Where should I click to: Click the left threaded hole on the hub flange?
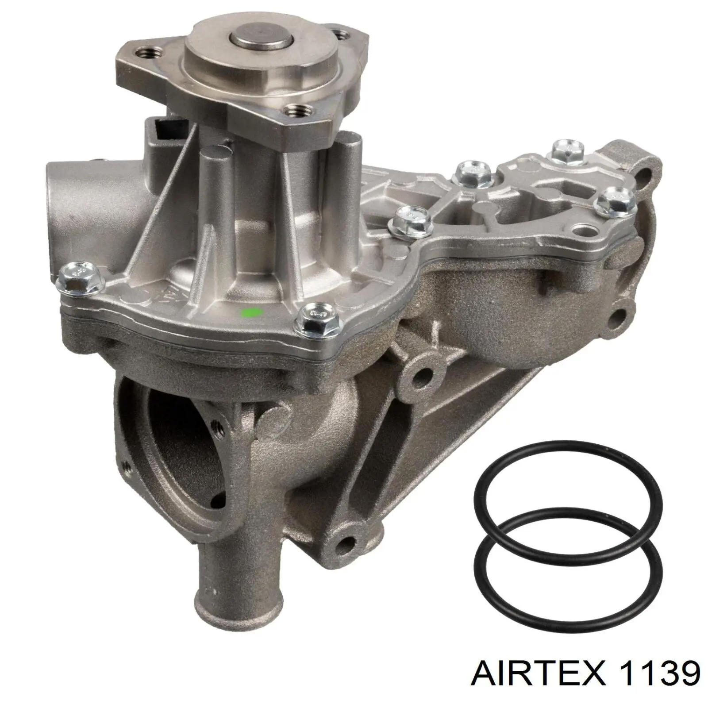[x=146, y=54]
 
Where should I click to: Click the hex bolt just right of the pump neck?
[x=410, y=220]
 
